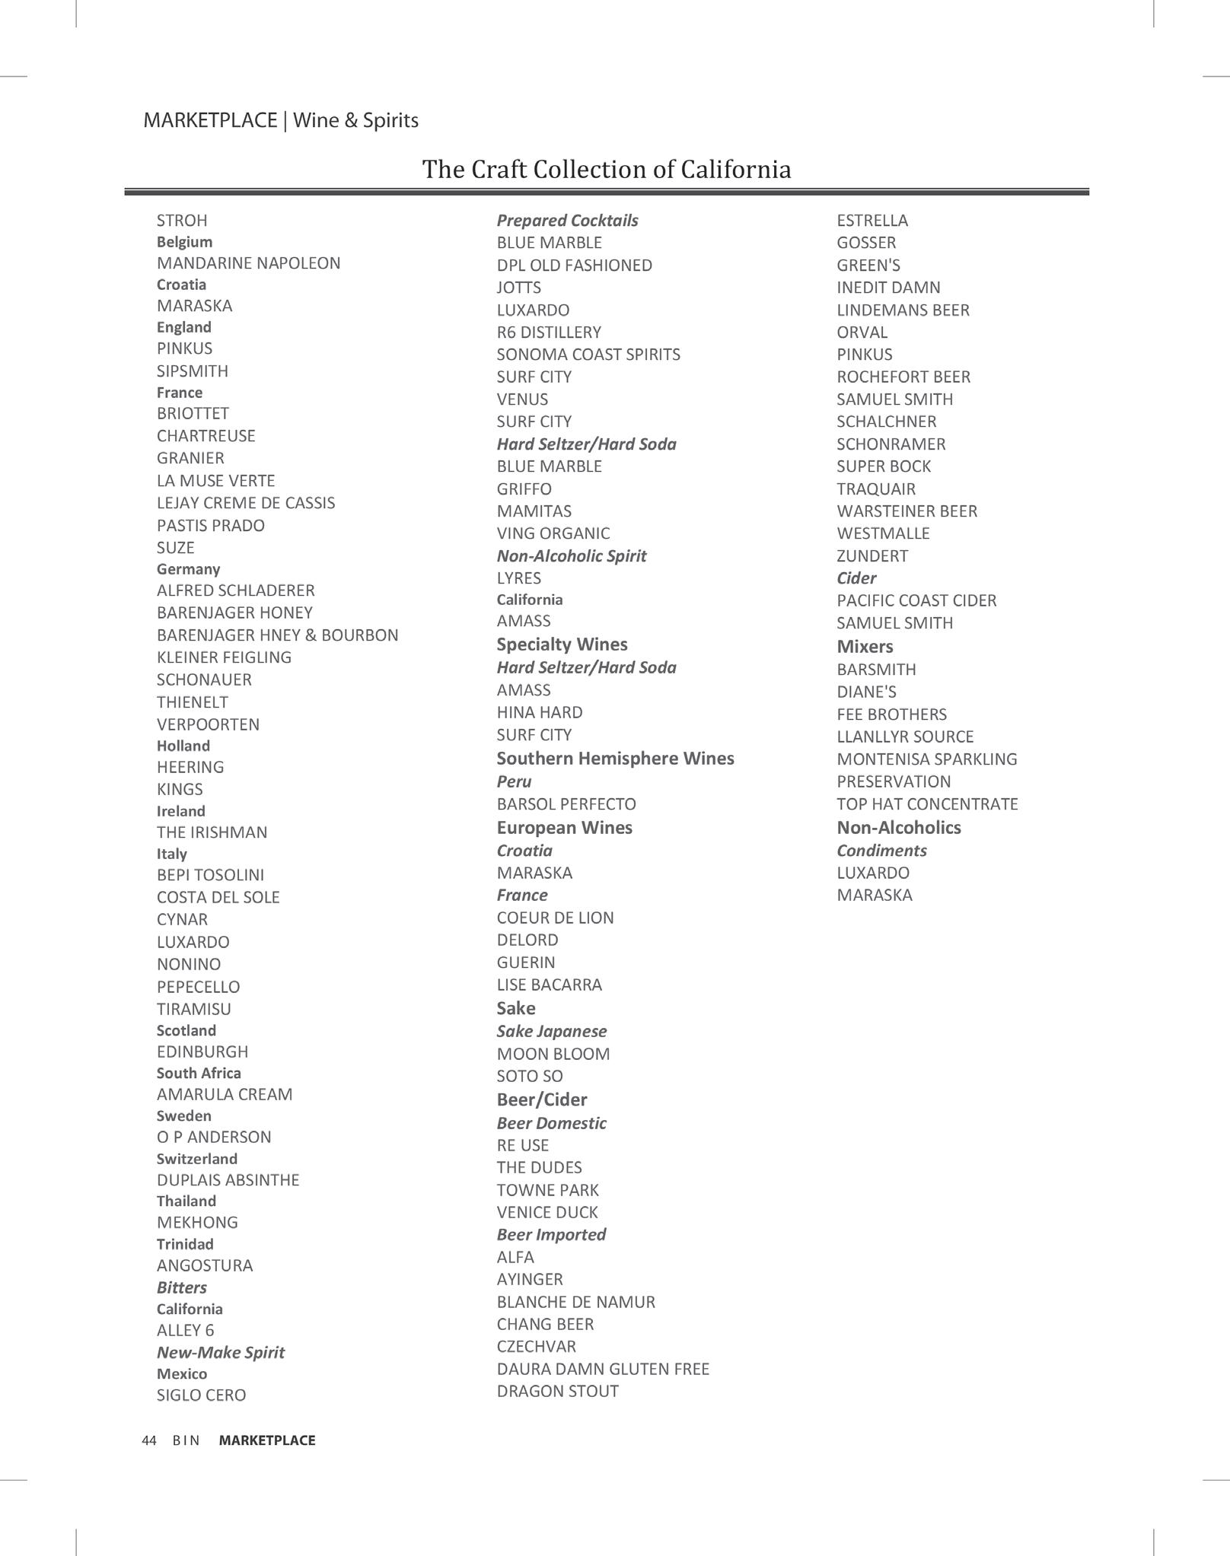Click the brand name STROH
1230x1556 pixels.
tap(182, 221)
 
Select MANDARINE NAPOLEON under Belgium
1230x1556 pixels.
tap(248, 263)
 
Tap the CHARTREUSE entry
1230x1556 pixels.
tap(206, 436)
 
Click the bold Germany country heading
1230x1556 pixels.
tap(188, 569)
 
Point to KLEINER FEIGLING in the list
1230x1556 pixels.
tap(224, 657)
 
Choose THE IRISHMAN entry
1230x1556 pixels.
tap(212, 832)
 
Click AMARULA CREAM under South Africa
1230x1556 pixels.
tap(225, 1094)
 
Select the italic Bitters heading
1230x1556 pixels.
tap(182, 1287)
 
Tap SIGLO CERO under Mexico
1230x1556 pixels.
tap(201, 1395)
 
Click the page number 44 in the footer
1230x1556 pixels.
tap(149, 1440)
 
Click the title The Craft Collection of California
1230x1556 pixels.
tap(607, 169)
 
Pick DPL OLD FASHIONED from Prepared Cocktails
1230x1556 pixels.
tap(574, 266)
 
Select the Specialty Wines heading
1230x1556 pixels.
tap(562, 644)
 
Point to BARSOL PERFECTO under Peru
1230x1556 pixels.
tap(566, 804)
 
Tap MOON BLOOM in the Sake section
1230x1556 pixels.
tap(553, 1055)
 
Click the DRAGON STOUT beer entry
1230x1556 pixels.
tap(557, 1392)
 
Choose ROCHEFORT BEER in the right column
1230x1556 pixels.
tap(903, 377)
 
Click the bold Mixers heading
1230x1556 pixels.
tap(865, 647)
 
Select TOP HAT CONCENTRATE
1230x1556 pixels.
tap(927, 804)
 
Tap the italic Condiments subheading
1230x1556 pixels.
tap(881, 851)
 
